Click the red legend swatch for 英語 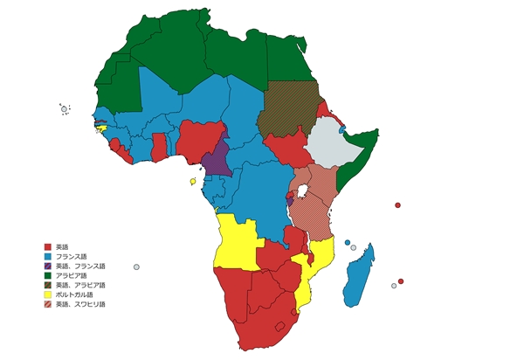48,247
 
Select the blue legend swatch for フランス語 48,256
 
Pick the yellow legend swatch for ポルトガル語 48,294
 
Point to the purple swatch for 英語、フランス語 48,266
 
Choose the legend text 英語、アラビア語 80,285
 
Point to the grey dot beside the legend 137,267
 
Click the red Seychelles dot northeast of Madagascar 398,205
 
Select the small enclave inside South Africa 280,325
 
